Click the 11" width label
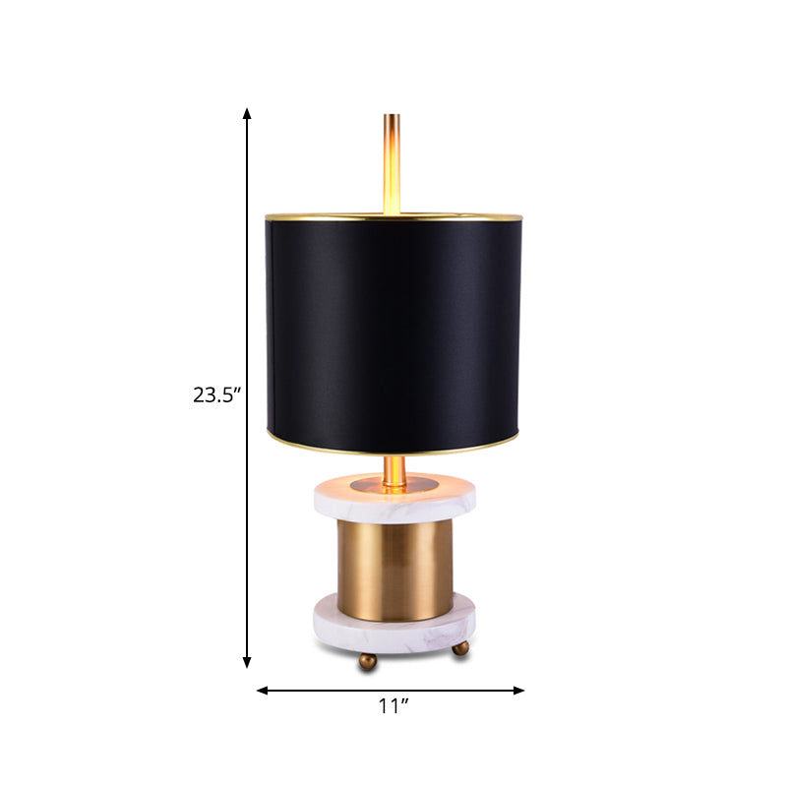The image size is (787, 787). [x=393, y=706]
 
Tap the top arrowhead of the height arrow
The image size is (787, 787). [x=247, y=114]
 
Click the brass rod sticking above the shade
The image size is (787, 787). [x=392, y=157]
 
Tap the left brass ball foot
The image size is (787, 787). [x=367, y=662]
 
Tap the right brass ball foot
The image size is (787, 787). [x=459, y=649]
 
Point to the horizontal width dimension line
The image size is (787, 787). [x=325, y=691]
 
